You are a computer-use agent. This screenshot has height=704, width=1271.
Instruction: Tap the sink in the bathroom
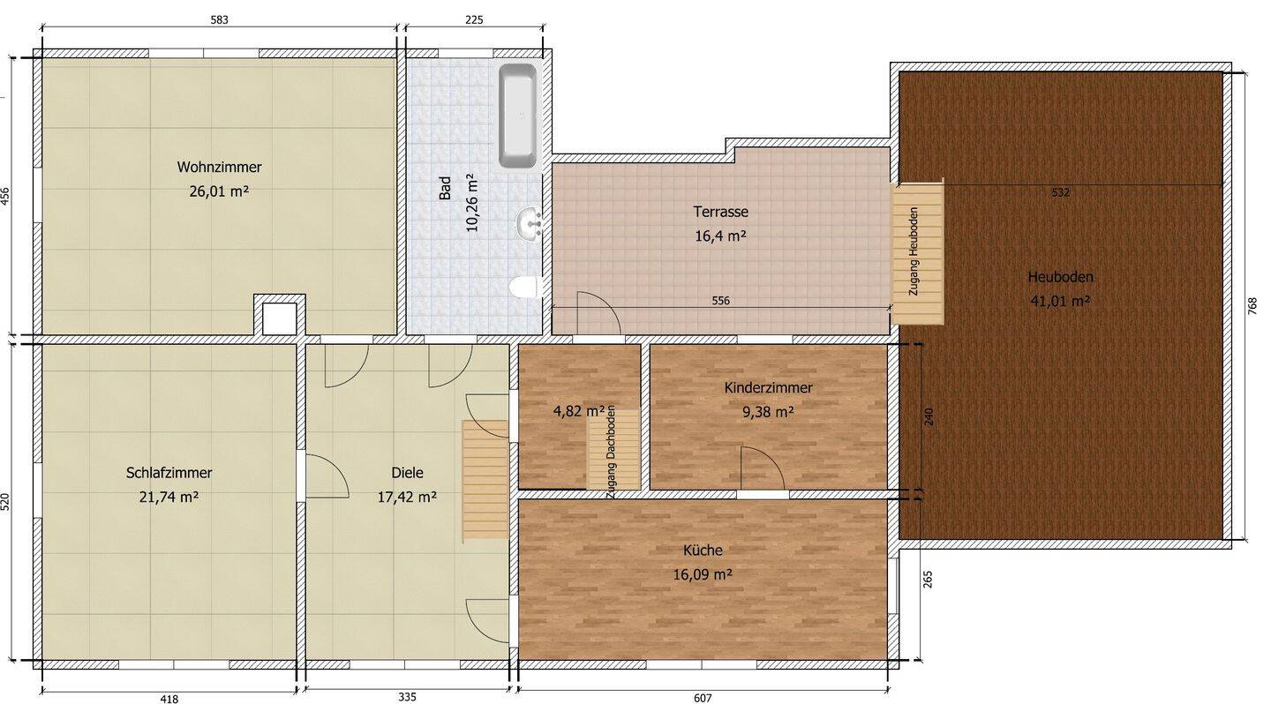[x=530, y=223]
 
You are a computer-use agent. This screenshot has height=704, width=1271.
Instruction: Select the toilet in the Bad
[x=525, y=288]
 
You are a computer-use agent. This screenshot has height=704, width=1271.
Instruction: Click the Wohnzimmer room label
[x=219, y=167]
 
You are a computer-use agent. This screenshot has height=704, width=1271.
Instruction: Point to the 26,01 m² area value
[x=219, y=190]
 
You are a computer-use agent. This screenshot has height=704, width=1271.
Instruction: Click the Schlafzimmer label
[x=169, y=473]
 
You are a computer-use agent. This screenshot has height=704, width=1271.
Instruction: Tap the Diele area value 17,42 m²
[x=407, y=497]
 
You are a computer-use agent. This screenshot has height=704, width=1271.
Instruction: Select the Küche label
[x=703, y=550]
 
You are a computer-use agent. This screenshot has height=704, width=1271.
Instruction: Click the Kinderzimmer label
[x=768, y=387]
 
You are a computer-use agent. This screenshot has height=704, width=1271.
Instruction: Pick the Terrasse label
[x=720, y=212]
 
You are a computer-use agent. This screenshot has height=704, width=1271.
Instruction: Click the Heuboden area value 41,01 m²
[x=1060, y=300]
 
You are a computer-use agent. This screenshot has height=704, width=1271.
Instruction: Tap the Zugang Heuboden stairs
[x=917, y=253]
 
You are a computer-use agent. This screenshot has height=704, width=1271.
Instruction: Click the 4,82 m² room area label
[x=579, y=410]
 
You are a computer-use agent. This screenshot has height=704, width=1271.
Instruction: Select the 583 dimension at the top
[x=220, y=20]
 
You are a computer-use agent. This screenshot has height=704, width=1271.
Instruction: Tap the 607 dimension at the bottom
[x=703, y=698]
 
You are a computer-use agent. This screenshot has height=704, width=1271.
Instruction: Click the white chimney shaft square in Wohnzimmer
[x=280, y=318]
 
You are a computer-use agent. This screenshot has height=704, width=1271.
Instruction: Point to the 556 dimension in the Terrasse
[x=720, y=301]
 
